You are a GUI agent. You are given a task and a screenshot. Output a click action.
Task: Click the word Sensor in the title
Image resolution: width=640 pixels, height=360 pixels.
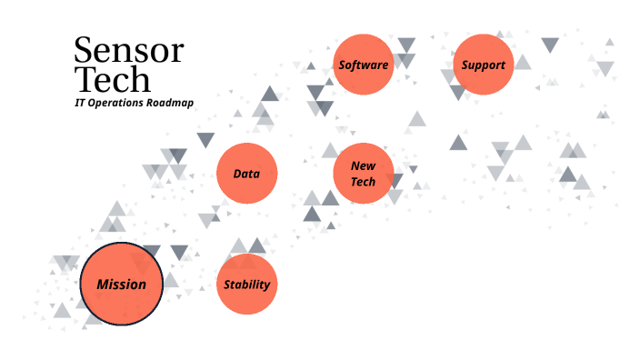point(128,50)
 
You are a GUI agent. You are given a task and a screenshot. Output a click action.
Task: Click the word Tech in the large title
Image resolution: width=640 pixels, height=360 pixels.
point(112,79)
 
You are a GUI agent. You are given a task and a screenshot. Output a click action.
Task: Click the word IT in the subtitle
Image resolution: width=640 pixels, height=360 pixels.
point(80,104)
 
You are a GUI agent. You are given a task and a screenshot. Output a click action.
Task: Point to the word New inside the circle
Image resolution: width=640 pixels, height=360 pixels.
point(363,166)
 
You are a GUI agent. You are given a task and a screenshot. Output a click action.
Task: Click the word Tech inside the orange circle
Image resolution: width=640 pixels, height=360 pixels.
point(363,182)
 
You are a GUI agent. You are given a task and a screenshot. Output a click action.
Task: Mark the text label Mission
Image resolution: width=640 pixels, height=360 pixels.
point(121,285)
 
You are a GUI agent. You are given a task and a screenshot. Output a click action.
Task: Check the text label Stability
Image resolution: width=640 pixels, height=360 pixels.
point(246,285)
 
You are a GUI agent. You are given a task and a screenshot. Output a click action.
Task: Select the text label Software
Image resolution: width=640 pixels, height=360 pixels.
point(364,65)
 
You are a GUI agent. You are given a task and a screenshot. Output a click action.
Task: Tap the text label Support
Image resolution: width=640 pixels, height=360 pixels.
point(483,65)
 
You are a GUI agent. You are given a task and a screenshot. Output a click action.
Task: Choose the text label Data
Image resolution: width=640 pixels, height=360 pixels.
point(246,173)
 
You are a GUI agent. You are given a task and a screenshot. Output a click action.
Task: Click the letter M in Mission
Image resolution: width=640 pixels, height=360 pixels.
point(103,285)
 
